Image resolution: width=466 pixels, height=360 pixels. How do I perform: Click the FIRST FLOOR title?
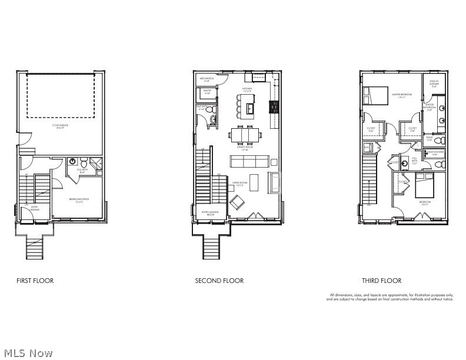pos(35,281)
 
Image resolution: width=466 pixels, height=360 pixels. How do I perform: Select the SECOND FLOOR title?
pos(219,281)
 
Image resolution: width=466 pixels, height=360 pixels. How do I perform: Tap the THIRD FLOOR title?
pos(382,281)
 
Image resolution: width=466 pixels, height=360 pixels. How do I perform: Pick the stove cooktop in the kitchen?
pos(274,106)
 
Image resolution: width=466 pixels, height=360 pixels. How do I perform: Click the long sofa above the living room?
pos(248,161)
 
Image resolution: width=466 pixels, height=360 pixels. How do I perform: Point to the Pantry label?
pos(207,92)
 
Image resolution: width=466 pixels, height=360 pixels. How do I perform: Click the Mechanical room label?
pos(207,79)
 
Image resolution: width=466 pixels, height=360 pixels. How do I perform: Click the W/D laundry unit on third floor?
pos(367,147)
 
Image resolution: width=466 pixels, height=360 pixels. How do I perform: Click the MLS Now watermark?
pos(26,352)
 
